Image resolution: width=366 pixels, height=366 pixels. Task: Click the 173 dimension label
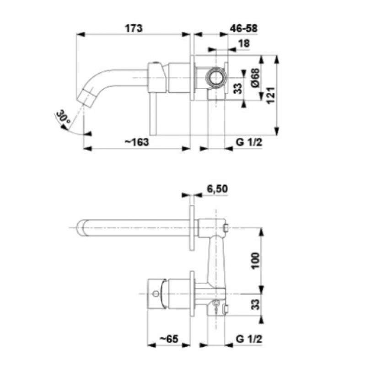134,28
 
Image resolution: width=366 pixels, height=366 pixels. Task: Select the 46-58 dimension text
244,28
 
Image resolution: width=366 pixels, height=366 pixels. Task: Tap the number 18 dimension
244,43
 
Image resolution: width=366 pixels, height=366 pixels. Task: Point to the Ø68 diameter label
255,78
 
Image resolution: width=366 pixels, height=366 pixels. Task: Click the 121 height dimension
270,96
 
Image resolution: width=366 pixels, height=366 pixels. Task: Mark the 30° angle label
64,117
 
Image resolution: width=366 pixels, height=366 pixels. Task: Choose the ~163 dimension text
137,142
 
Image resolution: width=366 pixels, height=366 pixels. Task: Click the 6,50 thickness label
217,189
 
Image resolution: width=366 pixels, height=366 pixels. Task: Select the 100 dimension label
256,261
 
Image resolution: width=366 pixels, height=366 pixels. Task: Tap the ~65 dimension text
169,339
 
